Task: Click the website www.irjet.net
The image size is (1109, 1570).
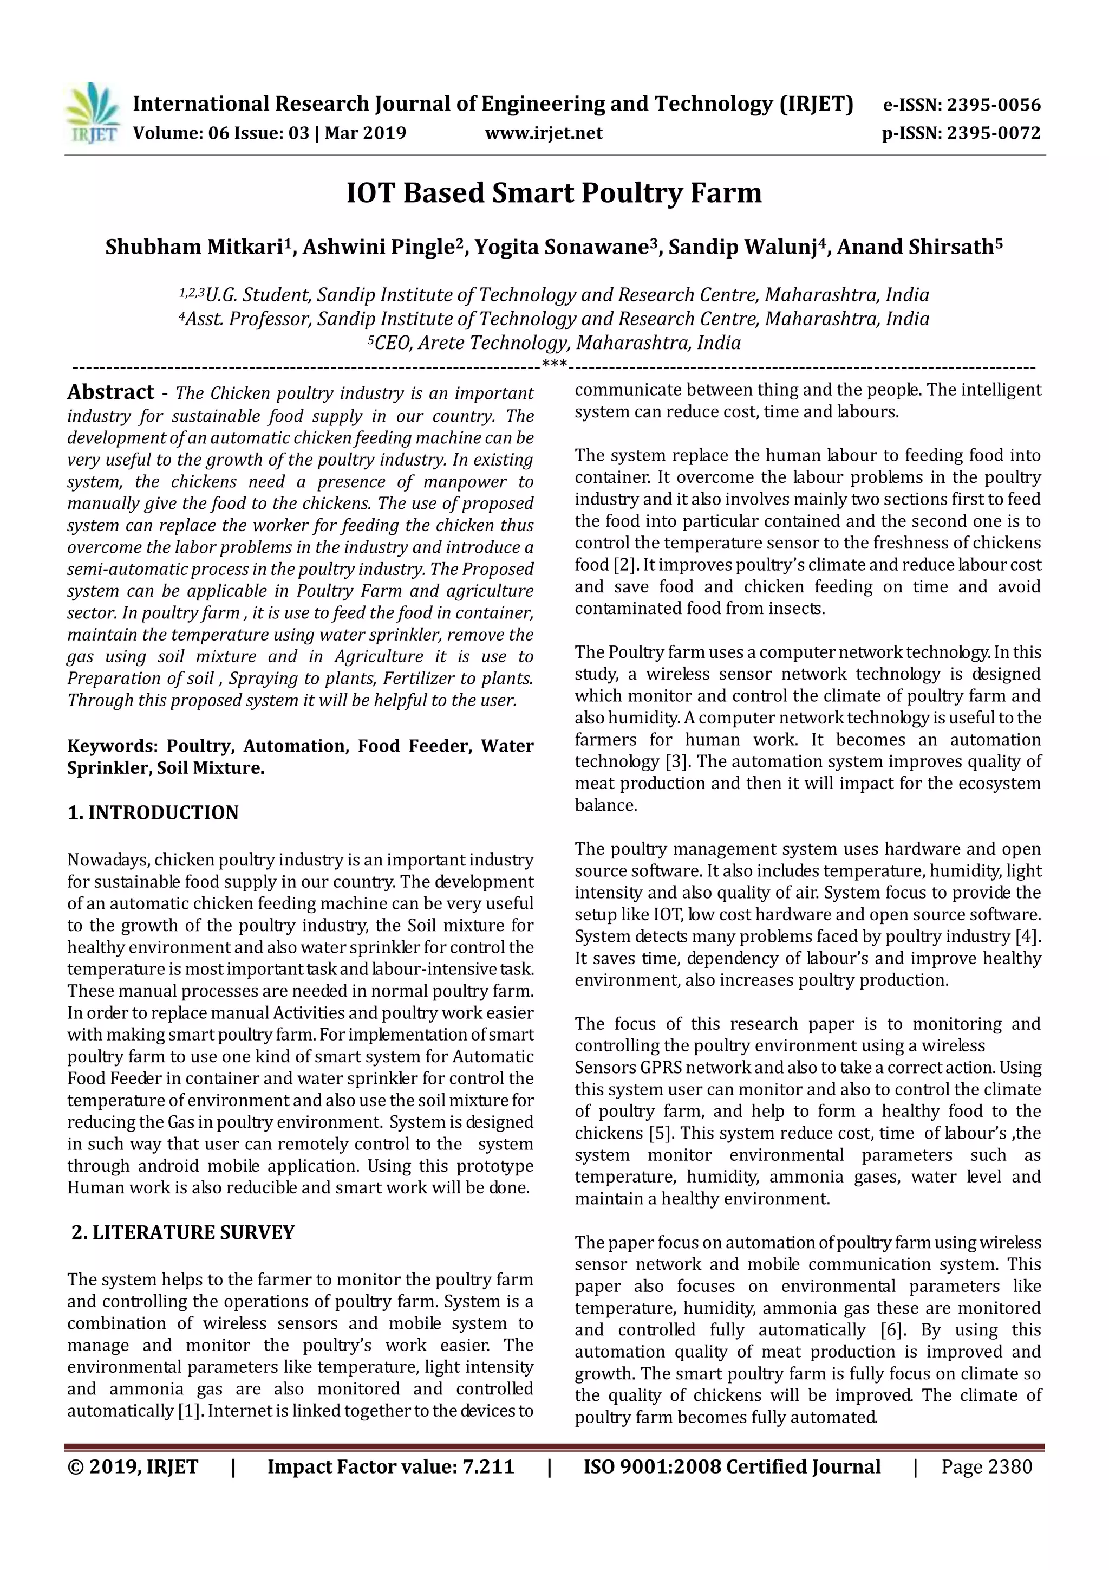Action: [543, 133]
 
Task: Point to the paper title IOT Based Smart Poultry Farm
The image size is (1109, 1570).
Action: [553, 193]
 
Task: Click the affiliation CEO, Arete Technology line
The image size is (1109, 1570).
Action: [553, 343]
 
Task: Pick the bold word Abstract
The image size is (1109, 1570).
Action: [110, 392]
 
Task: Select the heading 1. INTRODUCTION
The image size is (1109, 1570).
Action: [153, 812]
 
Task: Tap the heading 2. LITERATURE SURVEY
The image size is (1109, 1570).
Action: [183, 1232]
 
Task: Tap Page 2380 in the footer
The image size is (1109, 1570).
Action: [986, 1466]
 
